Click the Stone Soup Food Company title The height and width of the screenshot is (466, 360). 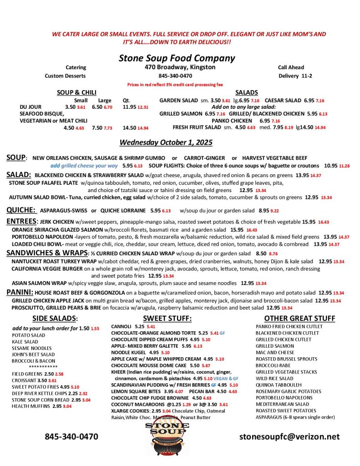point(177,58)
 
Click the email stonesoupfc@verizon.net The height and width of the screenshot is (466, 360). point(289,436)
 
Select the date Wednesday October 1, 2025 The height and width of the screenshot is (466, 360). point(166,142)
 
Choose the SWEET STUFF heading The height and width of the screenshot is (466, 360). point(167,318)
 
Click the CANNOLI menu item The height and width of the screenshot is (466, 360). point(121,327)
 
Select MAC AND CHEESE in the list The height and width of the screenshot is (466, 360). point(275,352)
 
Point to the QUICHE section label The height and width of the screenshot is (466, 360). point(21,210)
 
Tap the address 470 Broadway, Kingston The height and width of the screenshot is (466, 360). point(177,67)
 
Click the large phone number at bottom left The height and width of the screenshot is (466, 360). point(71,436)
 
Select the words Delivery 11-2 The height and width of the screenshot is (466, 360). point(295,76)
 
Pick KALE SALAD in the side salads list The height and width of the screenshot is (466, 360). point(25,341)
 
